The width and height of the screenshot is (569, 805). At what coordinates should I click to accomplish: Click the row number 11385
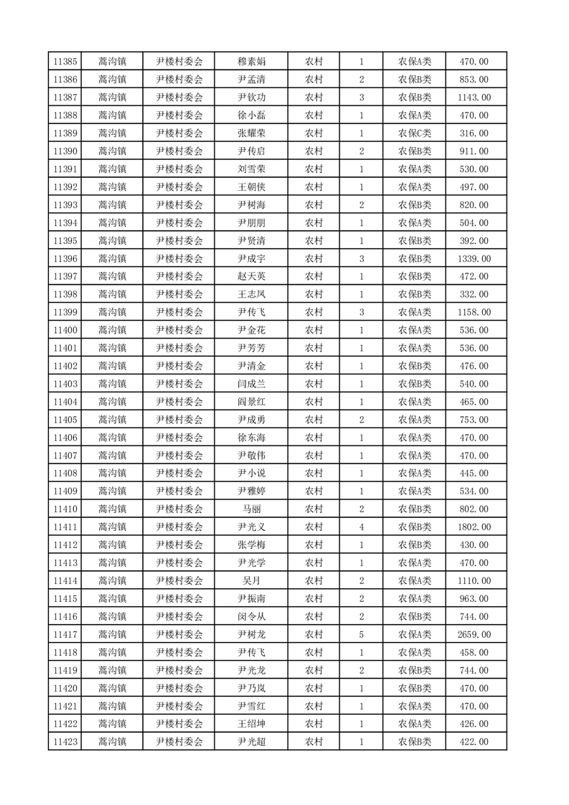65,62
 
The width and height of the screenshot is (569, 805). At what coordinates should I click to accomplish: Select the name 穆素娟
251,62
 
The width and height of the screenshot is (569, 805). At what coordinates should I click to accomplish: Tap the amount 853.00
474,80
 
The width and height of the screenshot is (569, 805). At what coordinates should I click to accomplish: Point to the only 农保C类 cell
415,133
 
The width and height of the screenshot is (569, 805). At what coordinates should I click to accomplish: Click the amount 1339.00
474,258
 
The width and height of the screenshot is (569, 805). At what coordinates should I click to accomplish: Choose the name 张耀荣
251,133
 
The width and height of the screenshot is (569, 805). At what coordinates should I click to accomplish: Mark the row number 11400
65,330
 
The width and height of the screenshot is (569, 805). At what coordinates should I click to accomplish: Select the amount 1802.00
474,527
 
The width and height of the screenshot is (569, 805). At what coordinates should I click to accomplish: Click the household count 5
361,634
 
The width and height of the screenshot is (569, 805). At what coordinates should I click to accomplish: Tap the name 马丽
251,509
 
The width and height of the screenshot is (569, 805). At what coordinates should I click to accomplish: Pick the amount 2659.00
474,634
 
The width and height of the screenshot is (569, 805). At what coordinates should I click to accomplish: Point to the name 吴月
251,580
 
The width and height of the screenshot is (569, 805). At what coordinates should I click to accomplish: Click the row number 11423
65,742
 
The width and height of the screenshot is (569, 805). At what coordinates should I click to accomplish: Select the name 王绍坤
251,724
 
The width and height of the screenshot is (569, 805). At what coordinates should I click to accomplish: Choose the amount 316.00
474,133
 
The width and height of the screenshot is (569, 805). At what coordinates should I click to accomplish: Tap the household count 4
361,527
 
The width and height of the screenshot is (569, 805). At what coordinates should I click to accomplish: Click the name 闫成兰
251,384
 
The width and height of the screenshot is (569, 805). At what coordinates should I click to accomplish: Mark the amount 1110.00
474,580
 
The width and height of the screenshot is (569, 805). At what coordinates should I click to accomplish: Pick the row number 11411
65,527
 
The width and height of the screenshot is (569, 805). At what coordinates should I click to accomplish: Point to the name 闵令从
251,616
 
